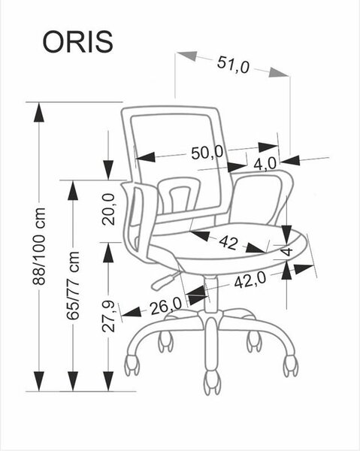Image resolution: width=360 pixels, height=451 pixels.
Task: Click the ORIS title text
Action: click(77, 42)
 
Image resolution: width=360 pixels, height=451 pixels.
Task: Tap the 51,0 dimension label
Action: click(233, 65)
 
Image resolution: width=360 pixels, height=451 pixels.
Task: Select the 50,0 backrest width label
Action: click(207, 153)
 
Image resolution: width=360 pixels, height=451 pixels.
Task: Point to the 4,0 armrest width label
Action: click(265, 164)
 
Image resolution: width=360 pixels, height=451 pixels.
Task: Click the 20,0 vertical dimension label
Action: click(109, 209)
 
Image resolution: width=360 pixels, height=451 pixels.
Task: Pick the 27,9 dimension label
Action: click(109, 316)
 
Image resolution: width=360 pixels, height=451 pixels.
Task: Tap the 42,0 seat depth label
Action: click(250, 280)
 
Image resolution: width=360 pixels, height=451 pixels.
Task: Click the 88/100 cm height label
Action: click(39, 247)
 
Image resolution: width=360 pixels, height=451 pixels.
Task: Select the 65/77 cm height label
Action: click(73, 286)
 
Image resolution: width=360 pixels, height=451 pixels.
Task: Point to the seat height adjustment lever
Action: click(164, 280)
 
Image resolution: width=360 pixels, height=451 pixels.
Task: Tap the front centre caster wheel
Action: click(213, 381)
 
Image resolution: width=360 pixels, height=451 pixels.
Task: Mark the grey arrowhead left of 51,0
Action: click(187, 56)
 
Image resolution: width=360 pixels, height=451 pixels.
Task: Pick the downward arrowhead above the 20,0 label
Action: click(108, 171)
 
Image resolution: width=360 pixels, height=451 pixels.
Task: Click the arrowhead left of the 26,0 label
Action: click(132, 313)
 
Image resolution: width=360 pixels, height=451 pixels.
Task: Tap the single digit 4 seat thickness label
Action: click(287, 251)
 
